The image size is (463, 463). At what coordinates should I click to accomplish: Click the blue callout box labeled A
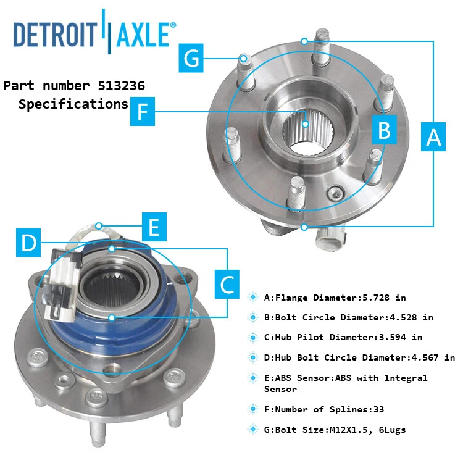pyautogui.click(x=434, y=136)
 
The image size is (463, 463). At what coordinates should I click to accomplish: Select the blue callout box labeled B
pyautogui.click(x=384, y=130)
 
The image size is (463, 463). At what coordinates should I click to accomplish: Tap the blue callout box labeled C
pyautogui.click(x=227, y=284)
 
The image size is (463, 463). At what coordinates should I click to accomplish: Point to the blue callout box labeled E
pyautogui.click(x=154, y=227)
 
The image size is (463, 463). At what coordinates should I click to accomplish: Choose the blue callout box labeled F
pyautogui.click(x=143, y=112)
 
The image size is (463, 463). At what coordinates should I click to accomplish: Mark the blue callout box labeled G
pyautogui.click(x=192, y=59)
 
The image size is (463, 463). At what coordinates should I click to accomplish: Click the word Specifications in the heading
pyautogui.click(x=73, y=104)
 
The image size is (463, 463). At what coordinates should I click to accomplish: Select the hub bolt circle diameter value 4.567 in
pyautogui.click(x=432, y=357)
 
